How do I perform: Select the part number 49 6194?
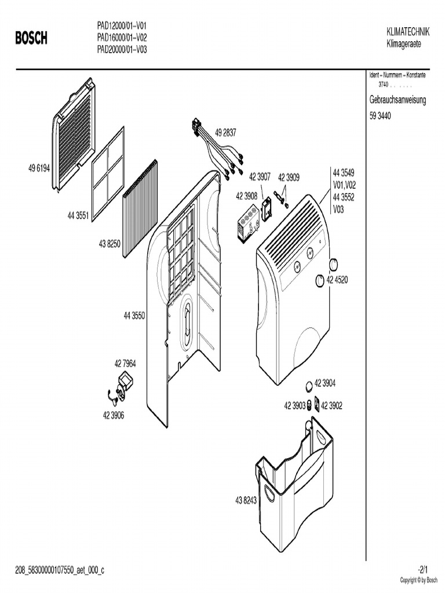(x=39, y=169)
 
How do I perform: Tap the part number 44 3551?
(x=78, y=216)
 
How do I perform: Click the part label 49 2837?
(x=225, y=133)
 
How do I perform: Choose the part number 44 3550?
(x=134, y=316)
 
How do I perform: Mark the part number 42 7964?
(x=125, y=364)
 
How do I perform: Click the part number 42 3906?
(x=114, y=415)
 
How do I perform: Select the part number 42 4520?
(x=337, y=280)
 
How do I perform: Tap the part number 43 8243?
(x=246, y=500)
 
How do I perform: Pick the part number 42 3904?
(x=325, y=384)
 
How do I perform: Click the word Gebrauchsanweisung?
(x=397, y=100)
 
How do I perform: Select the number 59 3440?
(x=380, y=116)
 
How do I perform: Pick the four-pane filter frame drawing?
(x=108, y=173)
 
